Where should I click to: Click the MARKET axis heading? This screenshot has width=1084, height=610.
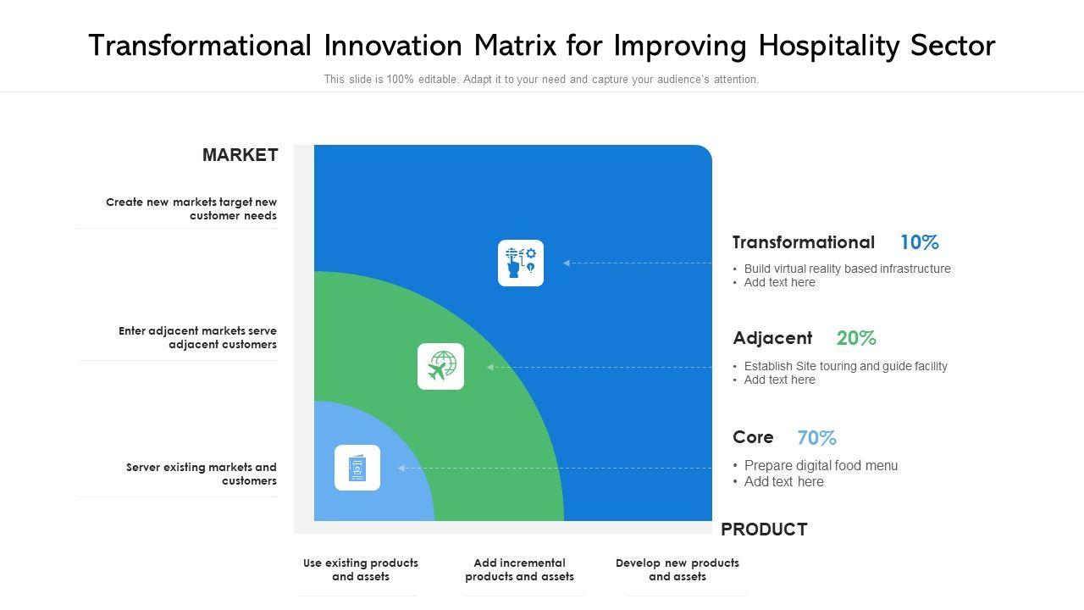click(240, 155)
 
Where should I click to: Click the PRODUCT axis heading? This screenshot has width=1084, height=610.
click(764, 530)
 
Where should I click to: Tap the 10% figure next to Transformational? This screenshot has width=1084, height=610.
click(920, 242)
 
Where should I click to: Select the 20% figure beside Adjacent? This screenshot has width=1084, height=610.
click(856, 338)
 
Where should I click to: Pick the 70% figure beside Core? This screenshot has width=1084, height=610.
click(816, 438)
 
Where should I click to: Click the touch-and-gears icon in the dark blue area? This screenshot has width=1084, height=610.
click(521, 263)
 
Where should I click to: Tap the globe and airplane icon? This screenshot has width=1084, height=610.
click(441, 367)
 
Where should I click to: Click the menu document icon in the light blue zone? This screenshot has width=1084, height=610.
click(357, 468)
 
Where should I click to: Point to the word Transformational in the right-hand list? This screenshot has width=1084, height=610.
click(804, 242)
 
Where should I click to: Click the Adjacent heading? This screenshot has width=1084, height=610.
click(772, 338)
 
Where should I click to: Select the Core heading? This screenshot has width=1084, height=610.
click(753, 437)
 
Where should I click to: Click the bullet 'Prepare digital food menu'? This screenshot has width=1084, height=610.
click(821, 465)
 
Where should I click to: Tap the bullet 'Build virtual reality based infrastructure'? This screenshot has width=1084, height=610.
click(848, 269)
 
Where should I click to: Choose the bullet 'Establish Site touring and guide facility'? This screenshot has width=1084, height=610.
click(846, 366)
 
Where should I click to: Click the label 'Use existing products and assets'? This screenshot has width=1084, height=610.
click(361, 569)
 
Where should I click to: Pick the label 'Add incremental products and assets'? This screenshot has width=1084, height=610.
click(519, 569)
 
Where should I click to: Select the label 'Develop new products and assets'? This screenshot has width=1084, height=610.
click(677, 569)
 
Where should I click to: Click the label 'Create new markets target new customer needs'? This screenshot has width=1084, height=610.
click(191, 208)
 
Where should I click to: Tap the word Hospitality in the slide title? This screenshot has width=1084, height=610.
click(829, 46)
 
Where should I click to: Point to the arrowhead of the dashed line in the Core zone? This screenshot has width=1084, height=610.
click(401, 469)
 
